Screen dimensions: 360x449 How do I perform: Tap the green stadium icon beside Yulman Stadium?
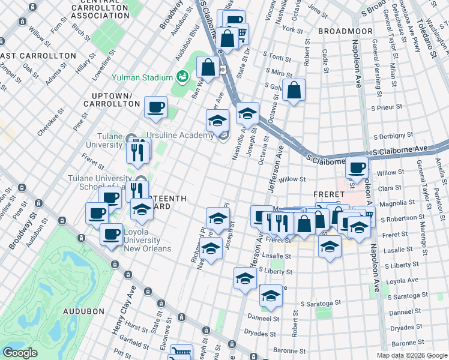(181, 77)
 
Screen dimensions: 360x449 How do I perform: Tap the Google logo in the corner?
(20, 353)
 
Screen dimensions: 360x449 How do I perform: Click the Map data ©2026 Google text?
(412, 355)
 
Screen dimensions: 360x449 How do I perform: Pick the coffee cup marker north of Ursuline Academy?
(156, 107)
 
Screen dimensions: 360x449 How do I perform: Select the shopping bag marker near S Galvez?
(294, 91)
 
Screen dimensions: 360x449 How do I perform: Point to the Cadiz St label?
(325, 62)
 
